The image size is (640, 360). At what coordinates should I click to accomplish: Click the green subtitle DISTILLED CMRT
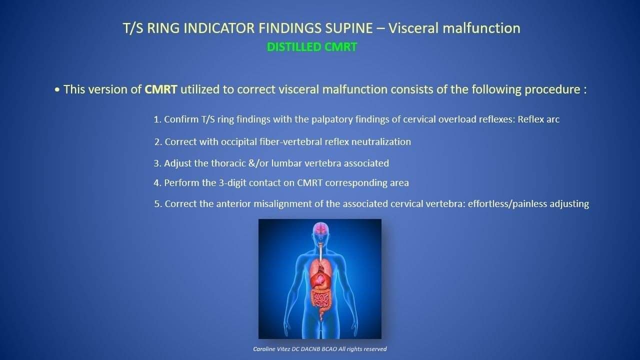[311, 47]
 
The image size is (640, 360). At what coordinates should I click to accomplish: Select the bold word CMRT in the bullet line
[161, 89]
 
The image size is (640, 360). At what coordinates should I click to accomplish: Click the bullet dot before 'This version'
[57, 90]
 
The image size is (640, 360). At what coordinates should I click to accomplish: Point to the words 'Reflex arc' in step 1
[538, 119]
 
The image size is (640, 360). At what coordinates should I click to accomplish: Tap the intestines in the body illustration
[321, 300]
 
